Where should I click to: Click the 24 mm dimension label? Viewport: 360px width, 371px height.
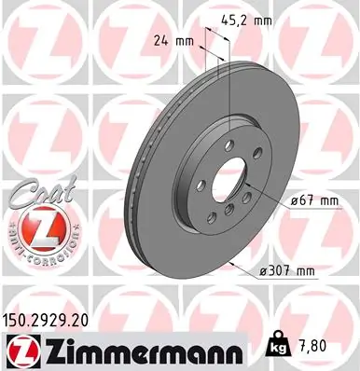173,41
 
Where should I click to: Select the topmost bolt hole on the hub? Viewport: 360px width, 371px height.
229,144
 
